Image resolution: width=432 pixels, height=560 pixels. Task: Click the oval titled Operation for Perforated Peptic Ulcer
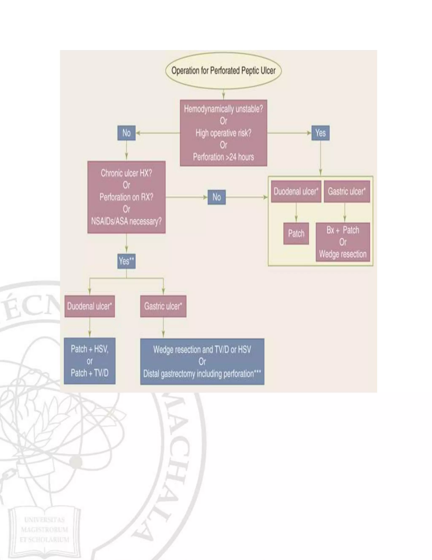tap(223, 71)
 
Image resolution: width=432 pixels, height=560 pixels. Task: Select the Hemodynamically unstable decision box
tap(223, 133)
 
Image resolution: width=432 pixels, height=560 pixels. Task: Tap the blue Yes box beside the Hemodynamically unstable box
tap(320, 133)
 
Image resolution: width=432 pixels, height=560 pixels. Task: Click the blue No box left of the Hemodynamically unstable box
tap(126, 133)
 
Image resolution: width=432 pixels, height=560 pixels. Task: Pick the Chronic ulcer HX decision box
tap(126, 197)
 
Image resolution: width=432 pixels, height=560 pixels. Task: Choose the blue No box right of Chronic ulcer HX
tap(216, 197)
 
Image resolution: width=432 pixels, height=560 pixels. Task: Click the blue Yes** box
tap(126, 261)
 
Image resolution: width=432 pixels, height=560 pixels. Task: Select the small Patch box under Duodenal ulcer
tap(296, 233)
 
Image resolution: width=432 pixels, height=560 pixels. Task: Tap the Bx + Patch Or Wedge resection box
tap(343, 242)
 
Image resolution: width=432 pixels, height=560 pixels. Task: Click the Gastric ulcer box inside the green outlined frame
tap(347, 191)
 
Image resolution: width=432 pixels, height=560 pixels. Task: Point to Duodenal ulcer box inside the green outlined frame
tap(296, 191)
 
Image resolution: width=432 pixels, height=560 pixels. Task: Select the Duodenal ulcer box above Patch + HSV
tap(90, 306)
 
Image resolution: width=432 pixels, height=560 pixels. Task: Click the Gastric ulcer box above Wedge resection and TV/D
tap(163, 306)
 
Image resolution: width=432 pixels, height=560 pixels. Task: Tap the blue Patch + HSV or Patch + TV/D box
tap(90, 361)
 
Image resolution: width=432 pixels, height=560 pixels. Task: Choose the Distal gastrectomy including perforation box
tap(202, 362)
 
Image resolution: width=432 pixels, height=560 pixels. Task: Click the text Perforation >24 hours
tap(223, 157)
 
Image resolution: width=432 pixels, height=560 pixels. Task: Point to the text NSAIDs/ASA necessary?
tap(126, 221)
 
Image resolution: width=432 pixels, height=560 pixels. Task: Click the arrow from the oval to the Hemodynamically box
tap(223, 94)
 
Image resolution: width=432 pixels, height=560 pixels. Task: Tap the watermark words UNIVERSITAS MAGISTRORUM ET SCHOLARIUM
tap(44, 530)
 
